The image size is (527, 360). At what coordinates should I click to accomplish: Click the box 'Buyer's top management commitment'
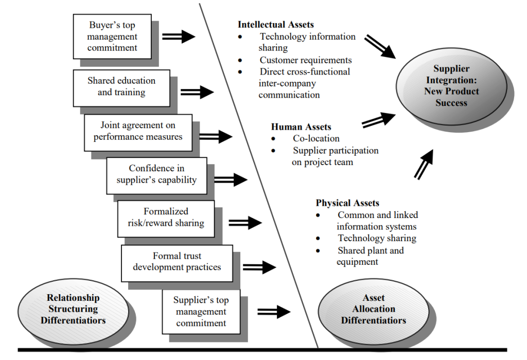[112, 37]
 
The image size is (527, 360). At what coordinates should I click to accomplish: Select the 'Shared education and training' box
[121, 87]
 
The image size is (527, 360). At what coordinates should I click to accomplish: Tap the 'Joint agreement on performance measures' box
[138, 131]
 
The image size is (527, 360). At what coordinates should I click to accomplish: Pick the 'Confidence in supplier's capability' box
[156, 174]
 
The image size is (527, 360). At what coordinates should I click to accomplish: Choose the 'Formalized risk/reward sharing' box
[166, 218]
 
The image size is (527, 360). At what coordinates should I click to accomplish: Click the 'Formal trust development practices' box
[177, 262]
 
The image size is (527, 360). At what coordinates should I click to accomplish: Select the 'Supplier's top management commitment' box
[201, 312]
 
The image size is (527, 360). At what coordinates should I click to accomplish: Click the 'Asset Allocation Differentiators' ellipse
[373, 309]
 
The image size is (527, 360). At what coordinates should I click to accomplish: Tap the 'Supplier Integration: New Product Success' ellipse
[451, 86]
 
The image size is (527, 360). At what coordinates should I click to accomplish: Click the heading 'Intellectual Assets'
[275, 24]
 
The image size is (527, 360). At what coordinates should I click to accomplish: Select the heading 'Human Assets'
[301, 127]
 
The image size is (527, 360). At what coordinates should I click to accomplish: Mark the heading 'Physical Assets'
[347, 203]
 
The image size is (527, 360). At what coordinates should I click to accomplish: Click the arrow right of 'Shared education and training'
[197, 92]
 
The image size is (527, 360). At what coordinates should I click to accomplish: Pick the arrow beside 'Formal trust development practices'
[259, 267]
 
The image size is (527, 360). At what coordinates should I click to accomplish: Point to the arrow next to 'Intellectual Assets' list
[380, 46]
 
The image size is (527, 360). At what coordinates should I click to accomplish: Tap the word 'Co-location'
[316, 138]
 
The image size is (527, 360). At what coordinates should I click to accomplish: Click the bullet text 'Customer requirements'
[306, 60]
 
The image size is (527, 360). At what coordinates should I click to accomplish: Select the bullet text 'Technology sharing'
[377, 238]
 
